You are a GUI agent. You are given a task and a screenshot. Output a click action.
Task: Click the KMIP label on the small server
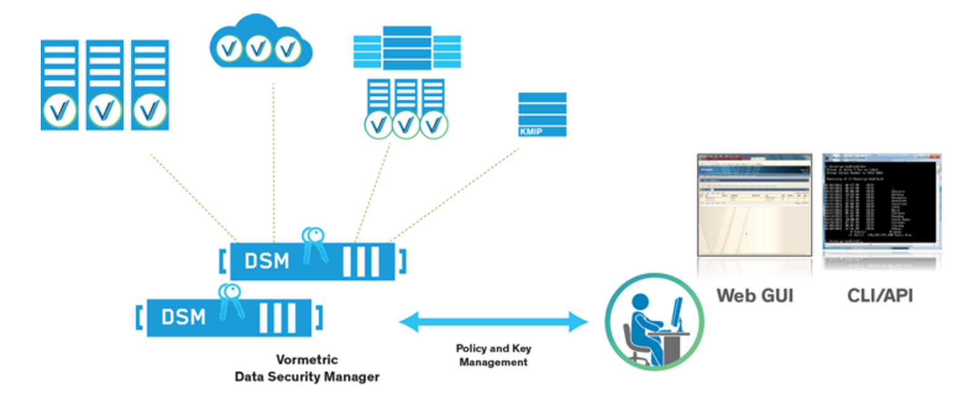click(x=530, y=132)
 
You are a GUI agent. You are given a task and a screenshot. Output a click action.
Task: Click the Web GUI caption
click(x=755, y=296)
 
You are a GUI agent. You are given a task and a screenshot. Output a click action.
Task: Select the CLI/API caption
click(x=879, y=296)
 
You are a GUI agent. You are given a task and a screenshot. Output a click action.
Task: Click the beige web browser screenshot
click(x=754, y=204)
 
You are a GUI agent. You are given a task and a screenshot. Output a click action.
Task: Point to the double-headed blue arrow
click(x=493, y=322)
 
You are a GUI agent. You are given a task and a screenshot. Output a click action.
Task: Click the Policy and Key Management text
click(x=493, y=355)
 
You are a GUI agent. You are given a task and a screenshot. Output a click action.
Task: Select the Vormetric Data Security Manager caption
click(x=307, y=368)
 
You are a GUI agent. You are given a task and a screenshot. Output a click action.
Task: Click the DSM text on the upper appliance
click(x=266, y=261)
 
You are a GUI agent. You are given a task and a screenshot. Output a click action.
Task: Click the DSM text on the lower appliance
click(x=183, y=317)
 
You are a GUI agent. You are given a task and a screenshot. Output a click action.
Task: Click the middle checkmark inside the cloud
click(x=259, y=48)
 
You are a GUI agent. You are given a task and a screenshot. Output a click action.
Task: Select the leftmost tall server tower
click(x=59, y=85)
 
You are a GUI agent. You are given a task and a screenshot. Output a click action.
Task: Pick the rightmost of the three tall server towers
click(x=150, y=85)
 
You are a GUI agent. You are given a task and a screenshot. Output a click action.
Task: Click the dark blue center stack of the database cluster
click(x=407, y=48)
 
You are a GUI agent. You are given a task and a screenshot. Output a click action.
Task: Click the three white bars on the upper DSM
click(x=360, y=262)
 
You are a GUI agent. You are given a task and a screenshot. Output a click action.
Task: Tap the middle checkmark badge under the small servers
click(x=405, y=125)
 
